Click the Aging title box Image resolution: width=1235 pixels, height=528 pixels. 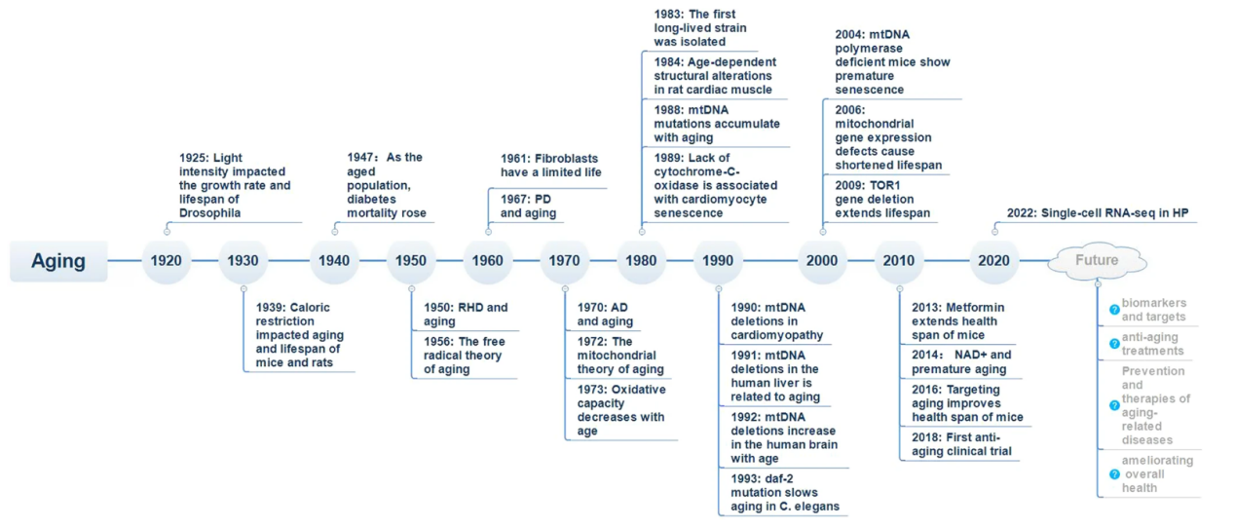tap(58, 261)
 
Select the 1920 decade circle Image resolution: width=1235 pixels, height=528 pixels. tap(166, 260)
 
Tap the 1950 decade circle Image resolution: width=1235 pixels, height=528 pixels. tap(411, 260)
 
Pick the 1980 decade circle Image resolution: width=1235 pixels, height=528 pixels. tap(641, 260)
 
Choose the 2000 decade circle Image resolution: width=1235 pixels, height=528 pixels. tap(822, 260)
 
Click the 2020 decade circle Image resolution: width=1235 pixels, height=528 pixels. tap(994, 260)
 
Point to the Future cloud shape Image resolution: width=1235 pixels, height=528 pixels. tap(1097, 260)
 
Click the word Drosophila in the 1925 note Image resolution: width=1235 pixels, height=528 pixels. tap(210, 213)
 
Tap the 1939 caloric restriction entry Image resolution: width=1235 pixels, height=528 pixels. tap(299, 335)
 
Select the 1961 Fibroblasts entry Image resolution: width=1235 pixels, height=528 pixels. tap(551, 165)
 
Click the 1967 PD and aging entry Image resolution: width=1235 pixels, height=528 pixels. tap(528, 206)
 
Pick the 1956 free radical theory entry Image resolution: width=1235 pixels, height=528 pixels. tap(465, 356)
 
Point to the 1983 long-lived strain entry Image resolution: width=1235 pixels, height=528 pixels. tap(700, 27)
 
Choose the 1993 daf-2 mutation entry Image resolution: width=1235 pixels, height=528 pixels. tap(785, 492)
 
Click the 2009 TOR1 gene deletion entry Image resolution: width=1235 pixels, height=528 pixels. tap(882, 199)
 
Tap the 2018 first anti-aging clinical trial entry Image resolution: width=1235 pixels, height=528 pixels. tap(961, 444)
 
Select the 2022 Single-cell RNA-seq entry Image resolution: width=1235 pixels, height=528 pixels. tap(1098, 213)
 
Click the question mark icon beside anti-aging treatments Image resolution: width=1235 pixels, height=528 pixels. tap(1114, 344)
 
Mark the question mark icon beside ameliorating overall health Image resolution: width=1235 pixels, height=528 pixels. tap(1114, 474)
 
